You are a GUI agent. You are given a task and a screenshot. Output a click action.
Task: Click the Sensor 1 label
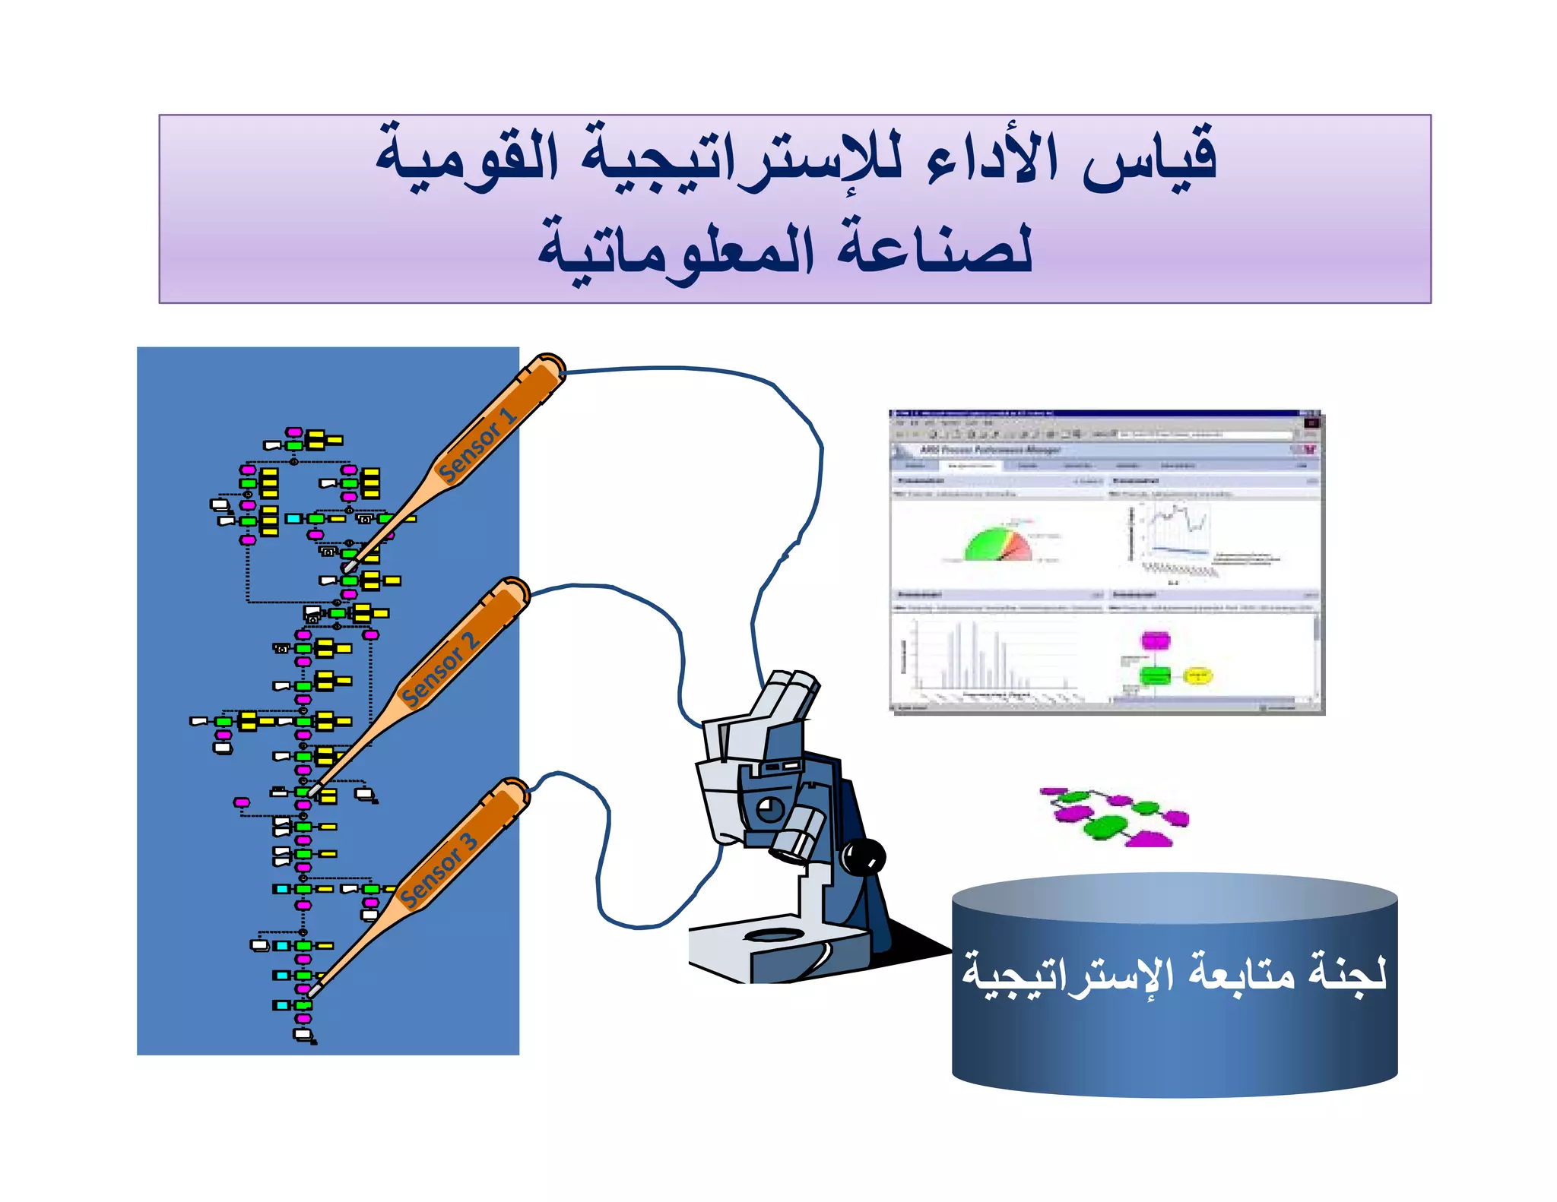pyautogui.click(x=477, y=446)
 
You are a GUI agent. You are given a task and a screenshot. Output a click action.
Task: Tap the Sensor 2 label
pyautogui.click(x=440, y=669)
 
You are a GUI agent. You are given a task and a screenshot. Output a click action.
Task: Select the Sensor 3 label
pyautogui.click(x=439, y=870)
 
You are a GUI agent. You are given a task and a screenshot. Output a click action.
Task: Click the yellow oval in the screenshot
pyautogui.click(x=1197, y=675)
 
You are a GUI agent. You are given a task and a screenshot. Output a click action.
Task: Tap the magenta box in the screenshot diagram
pyautogui.click(x=1155, y=640)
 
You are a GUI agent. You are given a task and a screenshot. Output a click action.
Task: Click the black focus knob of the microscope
pyautogui.click(x=863, y=856)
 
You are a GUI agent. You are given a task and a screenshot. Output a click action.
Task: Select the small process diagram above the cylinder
pyautogui.click(x=1115, y=817)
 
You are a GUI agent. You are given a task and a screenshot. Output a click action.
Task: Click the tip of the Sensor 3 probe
pyautogui.click(x=312, y=991)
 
